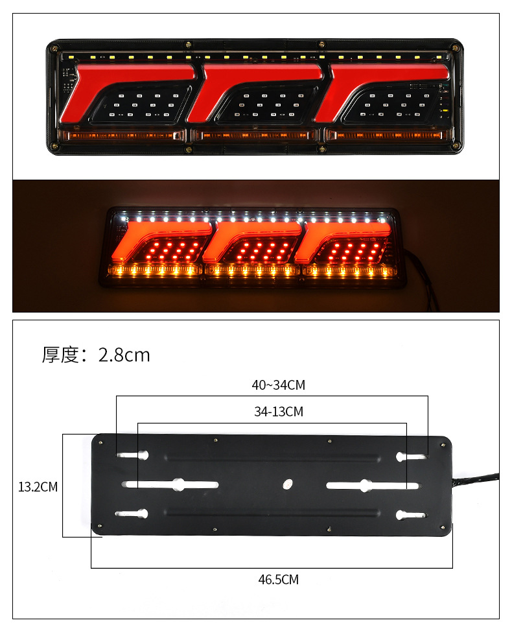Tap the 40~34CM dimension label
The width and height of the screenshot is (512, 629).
click(278, 385)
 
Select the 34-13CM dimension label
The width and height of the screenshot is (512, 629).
click(278, 411)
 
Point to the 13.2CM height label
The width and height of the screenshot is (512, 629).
click(38, 487)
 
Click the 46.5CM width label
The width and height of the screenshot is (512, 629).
click(278, 579)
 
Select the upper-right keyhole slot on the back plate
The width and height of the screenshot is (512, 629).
click(410, 457)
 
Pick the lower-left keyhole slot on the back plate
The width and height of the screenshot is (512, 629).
click(133, 514)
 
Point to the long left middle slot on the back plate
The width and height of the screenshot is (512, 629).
click(172, 484)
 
